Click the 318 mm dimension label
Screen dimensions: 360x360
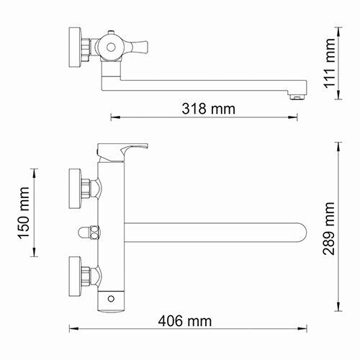click(x=209, y=109)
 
